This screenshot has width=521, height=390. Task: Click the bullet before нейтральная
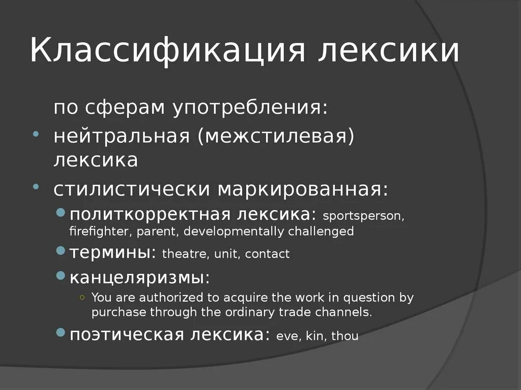coord(36,134)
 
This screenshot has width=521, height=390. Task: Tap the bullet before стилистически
coord(36,187)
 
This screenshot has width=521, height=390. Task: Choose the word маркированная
coord(303,189)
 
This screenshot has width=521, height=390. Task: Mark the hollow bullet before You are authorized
coord(82,297)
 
